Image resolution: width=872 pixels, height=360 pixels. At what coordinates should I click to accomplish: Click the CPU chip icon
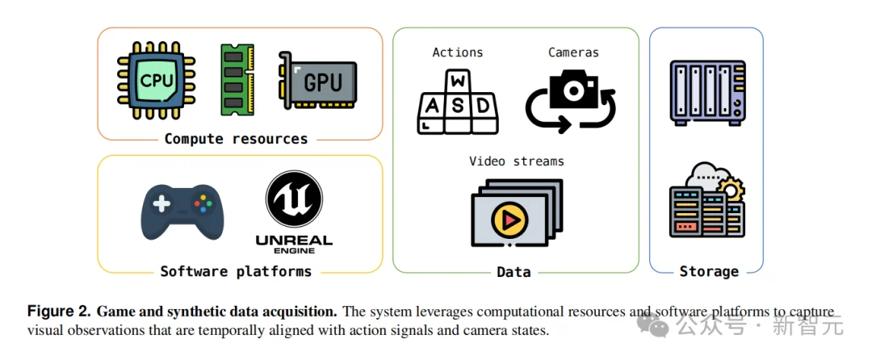pyautogui.click(x=157, y=82)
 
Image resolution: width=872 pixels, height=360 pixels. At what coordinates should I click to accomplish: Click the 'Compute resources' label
pyautogui.click(x=236, y=139)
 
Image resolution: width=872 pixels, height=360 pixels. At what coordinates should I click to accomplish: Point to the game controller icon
pyautogui.click(x=183, y=211)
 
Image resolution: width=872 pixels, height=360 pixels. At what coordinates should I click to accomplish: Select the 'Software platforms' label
pyautogui.click(x=236, y=271)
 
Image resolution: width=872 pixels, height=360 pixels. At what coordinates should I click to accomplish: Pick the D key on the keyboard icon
pyautogui.click(x=483, y=106)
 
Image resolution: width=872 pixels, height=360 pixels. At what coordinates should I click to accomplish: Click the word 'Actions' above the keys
pyautogui.click(x=458, y=52)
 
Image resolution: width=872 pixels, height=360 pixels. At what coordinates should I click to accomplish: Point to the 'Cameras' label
pyautogui.click(x=573, y=52)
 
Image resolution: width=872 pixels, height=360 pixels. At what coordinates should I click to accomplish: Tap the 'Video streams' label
pyautogui.click(x=516, y=161)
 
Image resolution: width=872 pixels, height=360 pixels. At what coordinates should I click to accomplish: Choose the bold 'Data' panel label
pyautogui.click(x=514, y=272)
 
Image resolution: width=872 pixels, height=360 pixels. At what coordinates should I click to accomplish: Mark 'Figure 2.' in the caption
pyautogui.click(x=59, y=311)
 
